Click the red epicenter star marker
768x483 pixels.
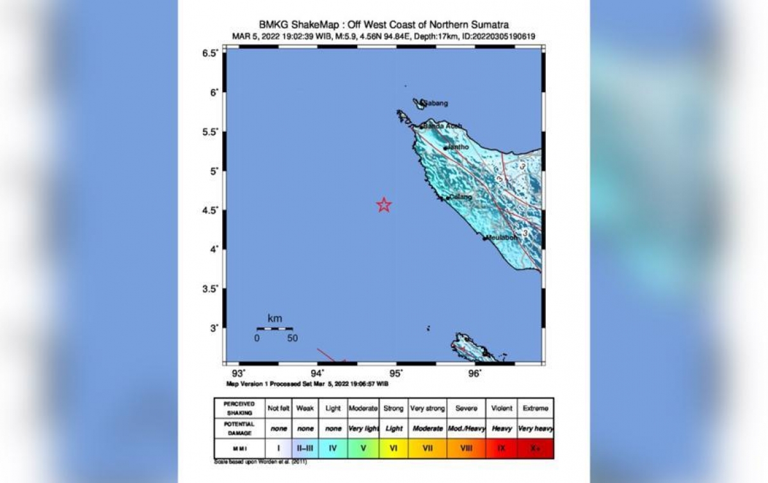point(384,205)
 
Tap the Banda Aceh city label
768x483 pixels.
point(442,126)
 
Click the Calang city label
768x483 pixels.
point(461,197)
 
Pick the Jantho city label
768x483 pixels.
point(458,146)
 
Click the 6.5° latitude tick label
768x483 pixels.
point(211,53)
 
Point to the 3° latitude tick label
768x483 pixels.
point(214,328)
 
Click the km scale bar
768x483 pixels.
point(275,329)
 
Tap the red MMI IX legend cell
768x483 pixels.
point(501,448)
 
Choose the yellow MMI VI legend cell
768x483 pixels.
point(394,448)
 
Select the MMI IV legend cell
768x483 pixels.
point(333,448)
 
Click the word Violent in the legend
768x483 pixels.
point(501,408)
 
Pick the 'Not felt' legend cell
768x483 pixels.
point(278,408)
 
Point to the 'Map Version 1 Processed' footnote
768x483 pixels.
point(307,384)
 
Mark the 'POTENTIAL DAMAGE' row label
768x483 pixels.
point(239,428)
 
